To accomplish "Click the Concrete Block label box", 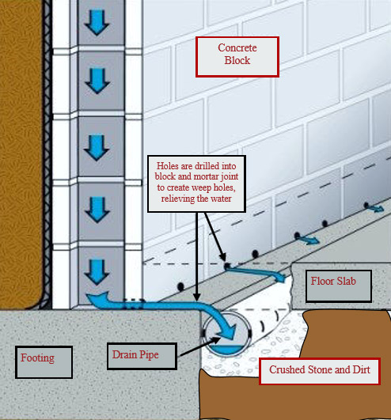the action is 237,57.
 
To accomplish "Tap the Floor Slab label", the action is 339,286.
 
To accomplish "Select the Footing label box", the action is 44,362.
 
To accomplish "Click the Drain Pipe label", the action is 142,357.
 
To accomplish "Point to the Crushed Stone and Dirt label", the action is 320,371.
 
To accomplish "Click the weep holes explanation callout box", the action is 196,184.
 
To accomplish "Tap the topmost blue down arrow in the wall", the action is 97,23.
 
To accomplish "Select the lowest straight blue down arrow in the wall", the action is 97,272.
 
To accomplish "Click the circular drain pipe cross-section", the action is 226,334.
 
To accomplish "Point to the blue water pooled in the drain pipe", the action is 226,350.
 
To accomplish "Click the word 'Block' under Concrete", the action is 237,60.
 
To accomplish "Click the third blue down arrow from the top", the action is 97,148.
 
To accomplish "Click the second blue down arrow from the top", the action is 97,81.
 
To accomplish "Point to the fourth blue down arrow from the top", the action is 97,210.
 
